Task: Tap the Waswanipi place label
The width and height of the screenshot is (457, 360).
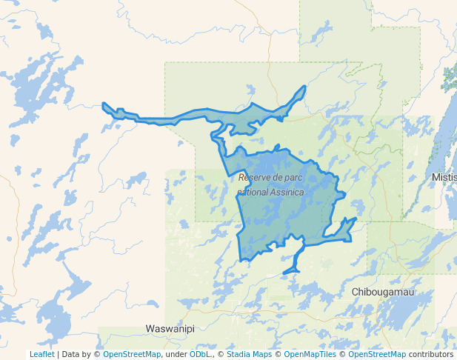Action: point(170,328)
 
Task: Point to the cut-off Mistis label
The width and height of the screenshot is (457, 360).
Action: point(444,179)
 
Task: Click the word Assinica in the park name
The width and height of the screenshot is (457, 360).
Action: point(284,193)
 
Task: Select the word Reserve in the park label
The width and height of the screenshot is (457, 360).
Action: point(254,179)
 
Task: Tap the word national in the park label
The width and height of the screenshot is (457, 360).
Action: point(250,193)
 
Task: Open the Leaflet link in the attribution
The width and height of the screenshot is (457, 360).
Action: point(41,354)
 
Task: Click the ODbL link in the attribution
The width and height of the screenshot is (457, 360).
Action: point(200,354)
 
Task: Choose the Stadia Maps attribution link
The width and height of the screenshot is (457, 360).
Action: point(249,354)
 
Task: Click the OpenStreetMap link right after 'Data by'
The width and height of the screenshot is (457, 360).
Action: point(132,354)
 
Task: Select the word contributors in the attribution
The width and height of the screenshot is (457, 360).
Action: point(431,354)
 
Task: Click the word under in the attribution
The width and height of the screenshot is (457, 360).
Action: point(176,354)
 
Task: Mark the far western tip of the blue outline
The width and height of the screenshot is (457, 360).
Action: point(104,105)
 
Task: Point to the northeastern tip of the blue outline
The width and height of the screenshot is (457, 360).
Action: point(304,87)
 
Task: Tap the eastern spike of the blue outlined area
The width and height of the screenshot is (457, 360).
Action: point(355,219)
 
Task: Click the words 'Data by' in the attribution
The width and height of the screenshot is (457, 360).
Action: point(80,354)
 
